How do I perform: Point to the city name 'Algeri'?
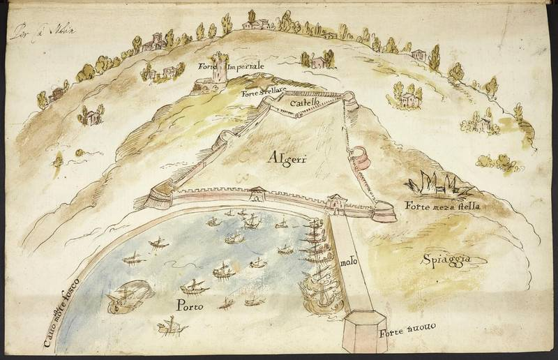coord(287,159)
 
